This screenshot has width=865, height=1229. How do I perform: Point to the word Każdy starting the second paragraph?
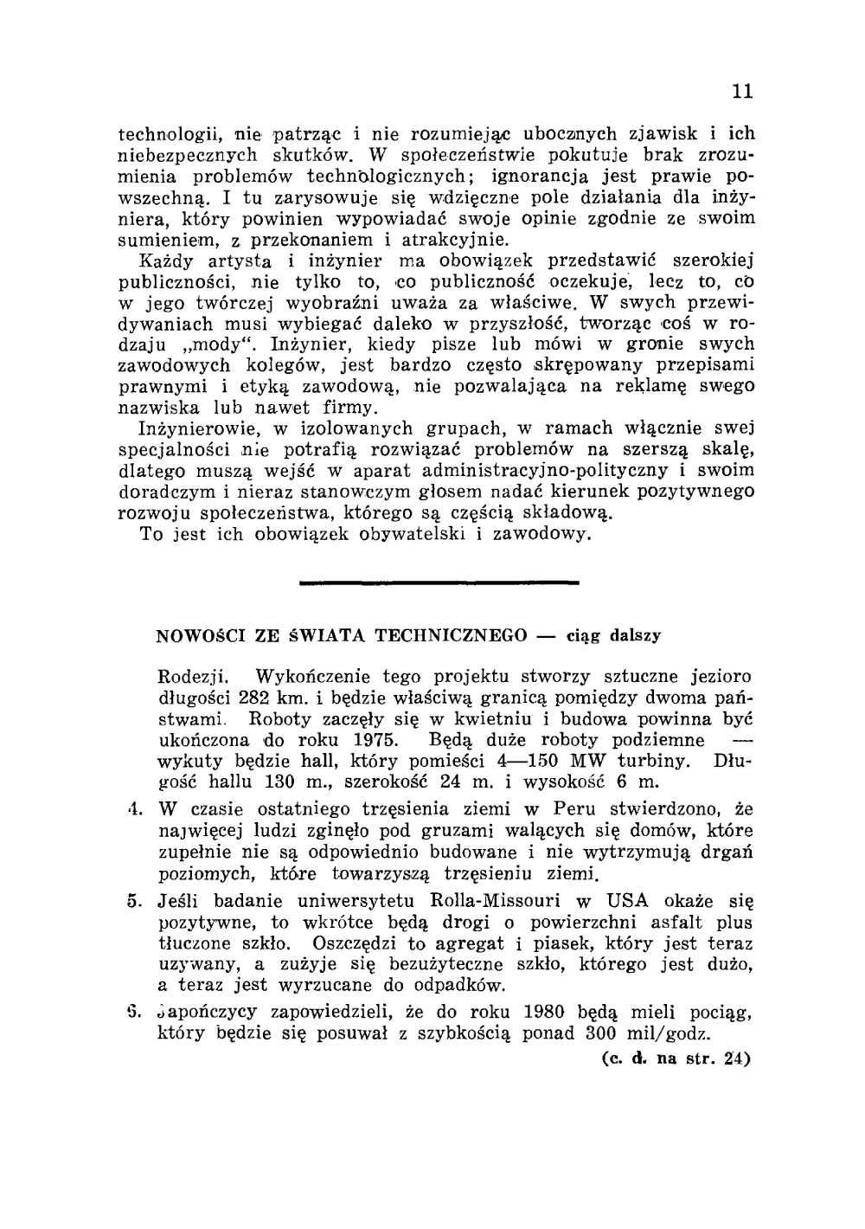coord(166,260)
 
